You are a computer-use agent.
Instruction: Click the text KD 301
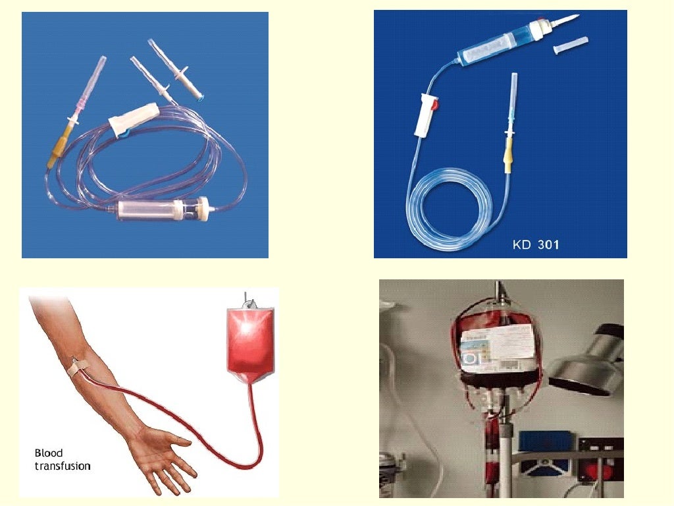coord(536,244)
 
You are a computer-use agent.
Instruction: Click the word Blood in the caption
coord(49,453)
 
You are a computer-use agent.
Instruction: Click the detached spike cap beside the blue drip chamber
coord(571,46)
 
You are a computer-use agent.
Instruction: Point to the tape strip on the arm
coord(78,366)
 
